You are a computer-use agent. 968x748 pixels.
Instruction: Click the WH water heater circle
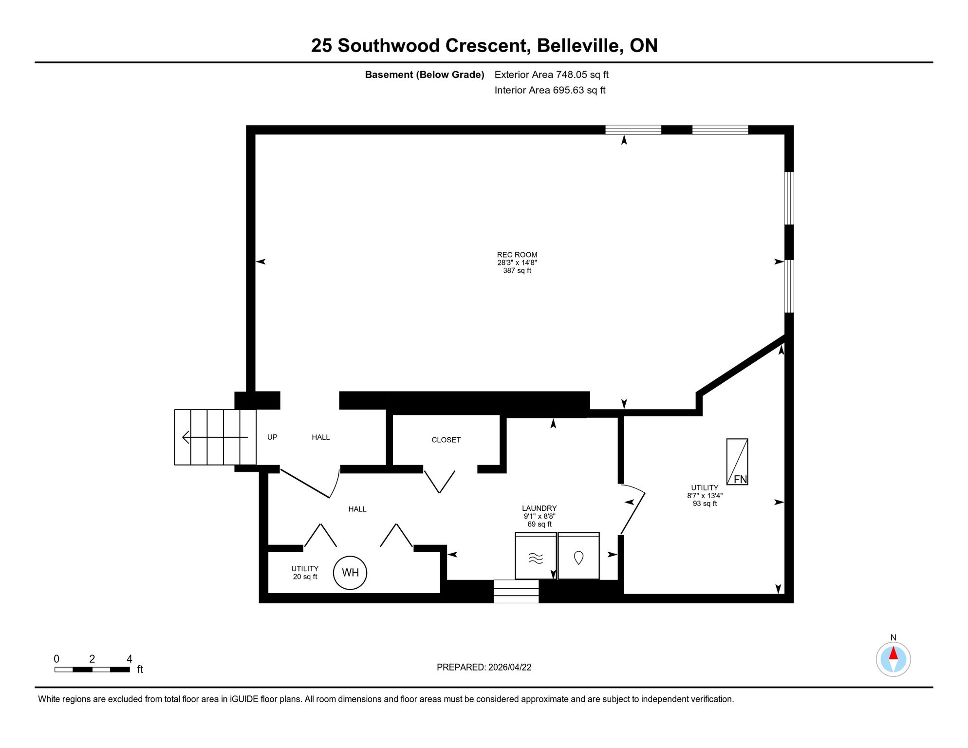(x=350, y=573)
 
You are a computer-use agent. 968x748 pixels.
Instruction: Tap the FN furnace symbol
(x=737, y=462)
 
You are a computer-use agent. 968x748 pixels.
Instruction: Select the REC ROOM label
(x=517, y=255)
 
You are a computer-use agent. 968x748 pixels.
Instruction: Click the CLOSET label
(x=446, y=440)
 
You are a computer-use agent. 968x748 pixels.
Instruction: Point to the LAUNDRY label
(x=540, y=508)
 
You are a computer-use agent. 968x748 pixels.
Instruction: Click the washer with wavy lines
(x=536, y=556)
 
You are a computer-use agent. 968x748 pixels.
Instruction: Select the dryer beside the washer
(x=578, y=556)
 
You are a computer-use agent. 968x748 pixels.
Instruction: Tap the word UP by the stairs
(x=272, y=437)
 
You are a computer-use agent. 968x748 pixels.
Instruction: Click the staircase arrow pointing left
(x=215, y=437)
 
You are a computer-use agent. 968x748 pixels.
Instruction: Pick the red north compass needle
(x=894, y=653)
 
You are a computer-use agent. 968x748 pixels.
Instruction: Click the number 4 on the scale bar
(x=130, y=659)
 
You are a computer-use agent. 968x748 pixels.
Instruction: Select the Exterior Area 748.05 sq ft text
(x=552, y=75)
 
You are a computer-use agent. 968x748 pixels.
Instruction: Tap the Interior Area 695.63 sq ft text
(x=550, y=90)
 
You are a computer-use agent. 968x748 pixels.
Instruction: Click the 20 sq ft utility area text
(x=305, y=577)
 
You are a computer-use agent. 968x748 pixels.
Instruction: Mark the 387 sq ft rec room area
(x=517, y=271)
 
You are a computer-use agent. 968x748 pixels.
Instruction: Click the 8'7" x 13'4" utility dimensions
(x=705, y=496)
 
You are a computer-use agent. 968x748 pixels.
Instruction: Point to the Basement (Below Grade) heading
(x=425, y=75)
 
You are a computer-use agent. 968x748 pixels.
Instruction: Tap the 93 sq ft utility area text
(x=705, y=504)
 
